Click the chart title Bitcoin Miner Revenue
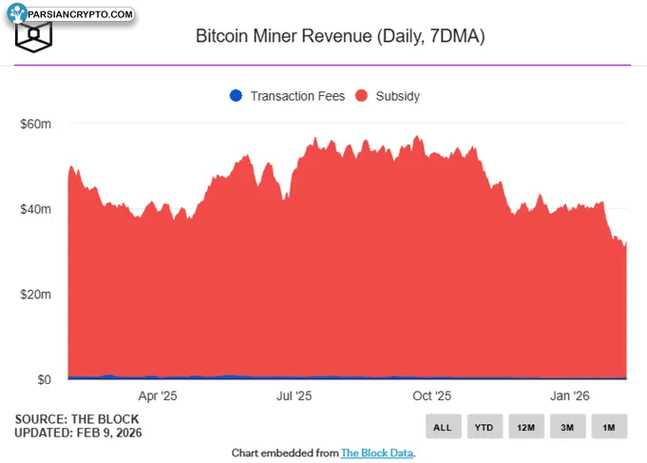(x=340, y=37)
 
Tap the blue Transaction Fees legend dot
(x=236, y=96)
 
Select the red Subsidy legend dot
(x=361, y=96)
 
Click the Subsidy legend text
(x=397, y=96)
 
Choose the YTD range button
(x=484, y=428)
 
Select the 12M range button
(x=525, y=428)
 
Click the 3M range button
(x=567, y=428)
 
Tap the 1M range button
(x=609, y=428)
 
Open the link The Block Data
(x=377, y=453)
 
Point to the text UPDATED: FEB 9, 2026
(x=78, y=433)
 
